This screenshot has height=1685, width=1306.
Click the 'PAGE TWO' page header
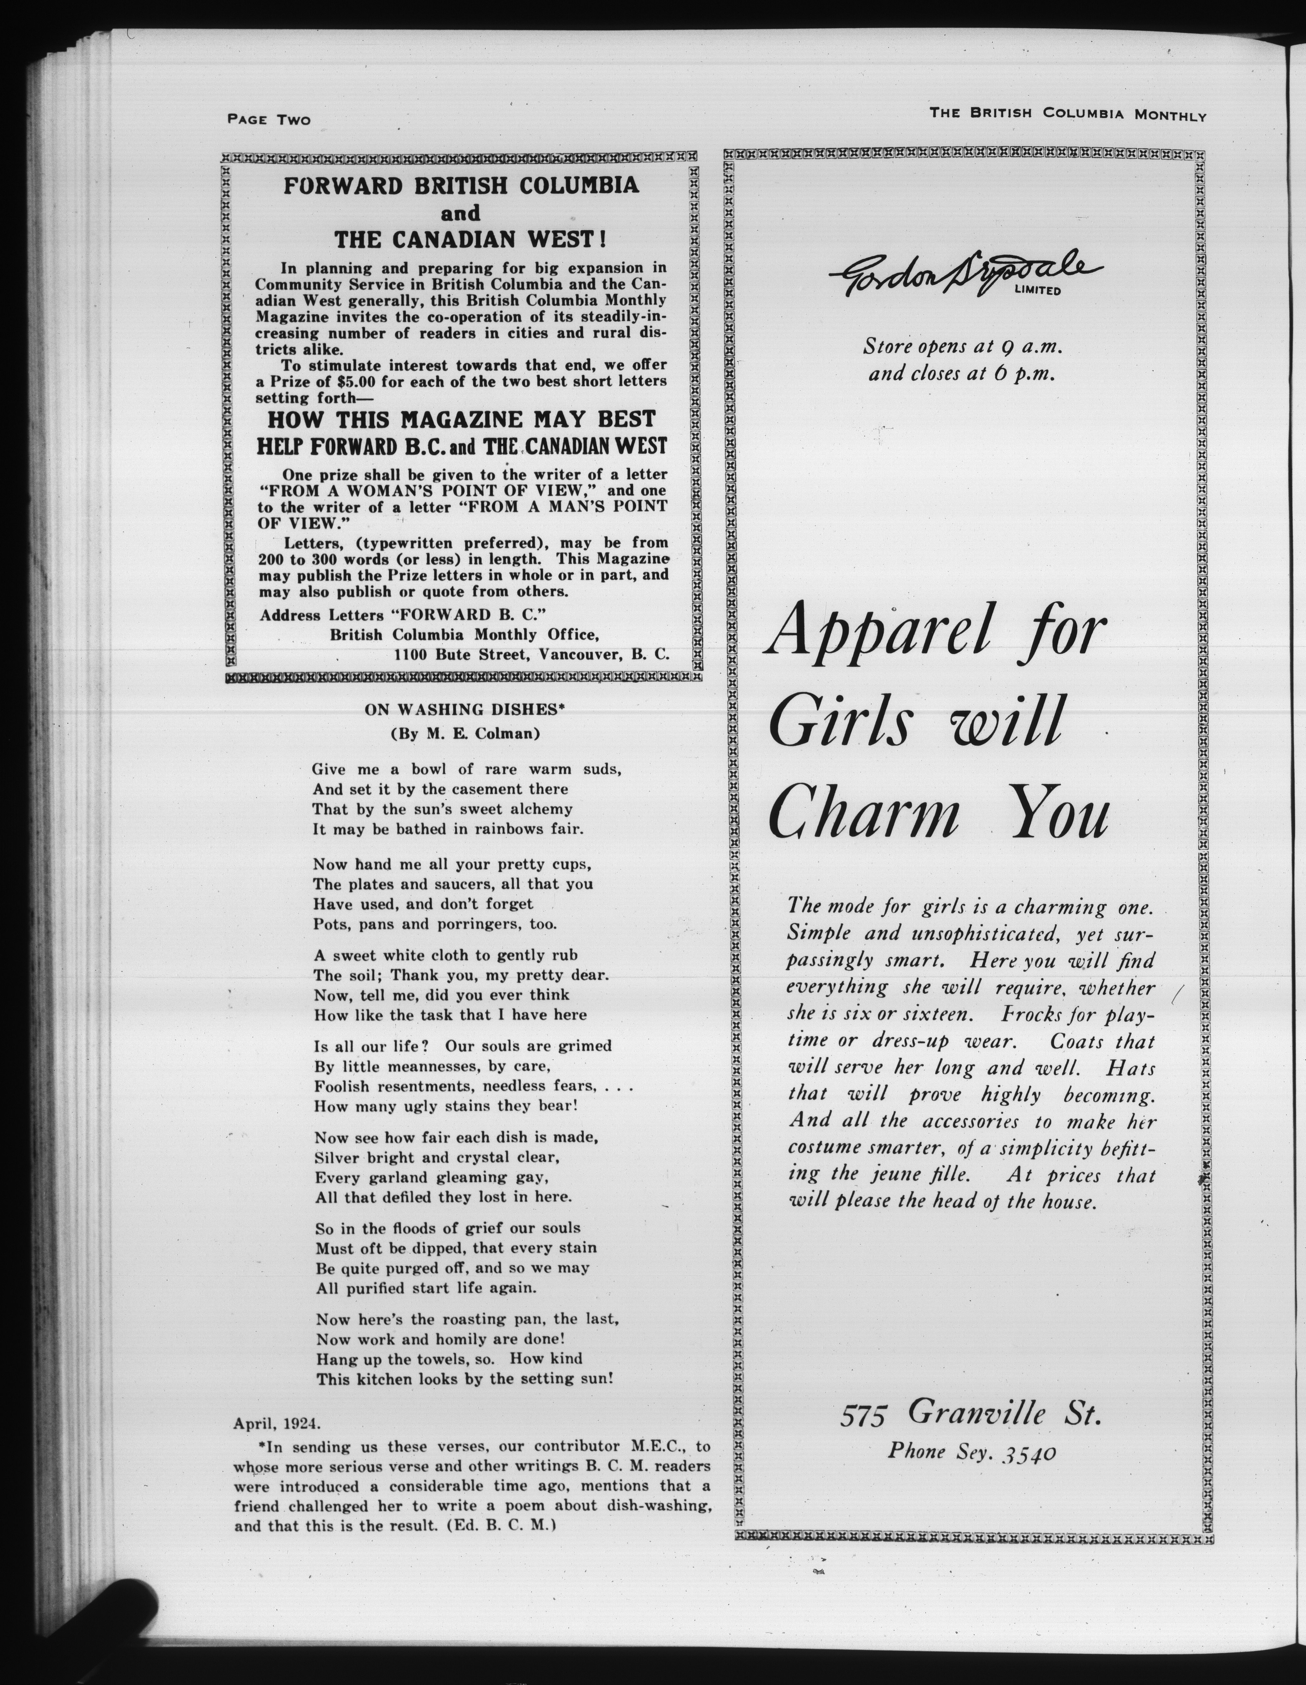click(x=268, y=119)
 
